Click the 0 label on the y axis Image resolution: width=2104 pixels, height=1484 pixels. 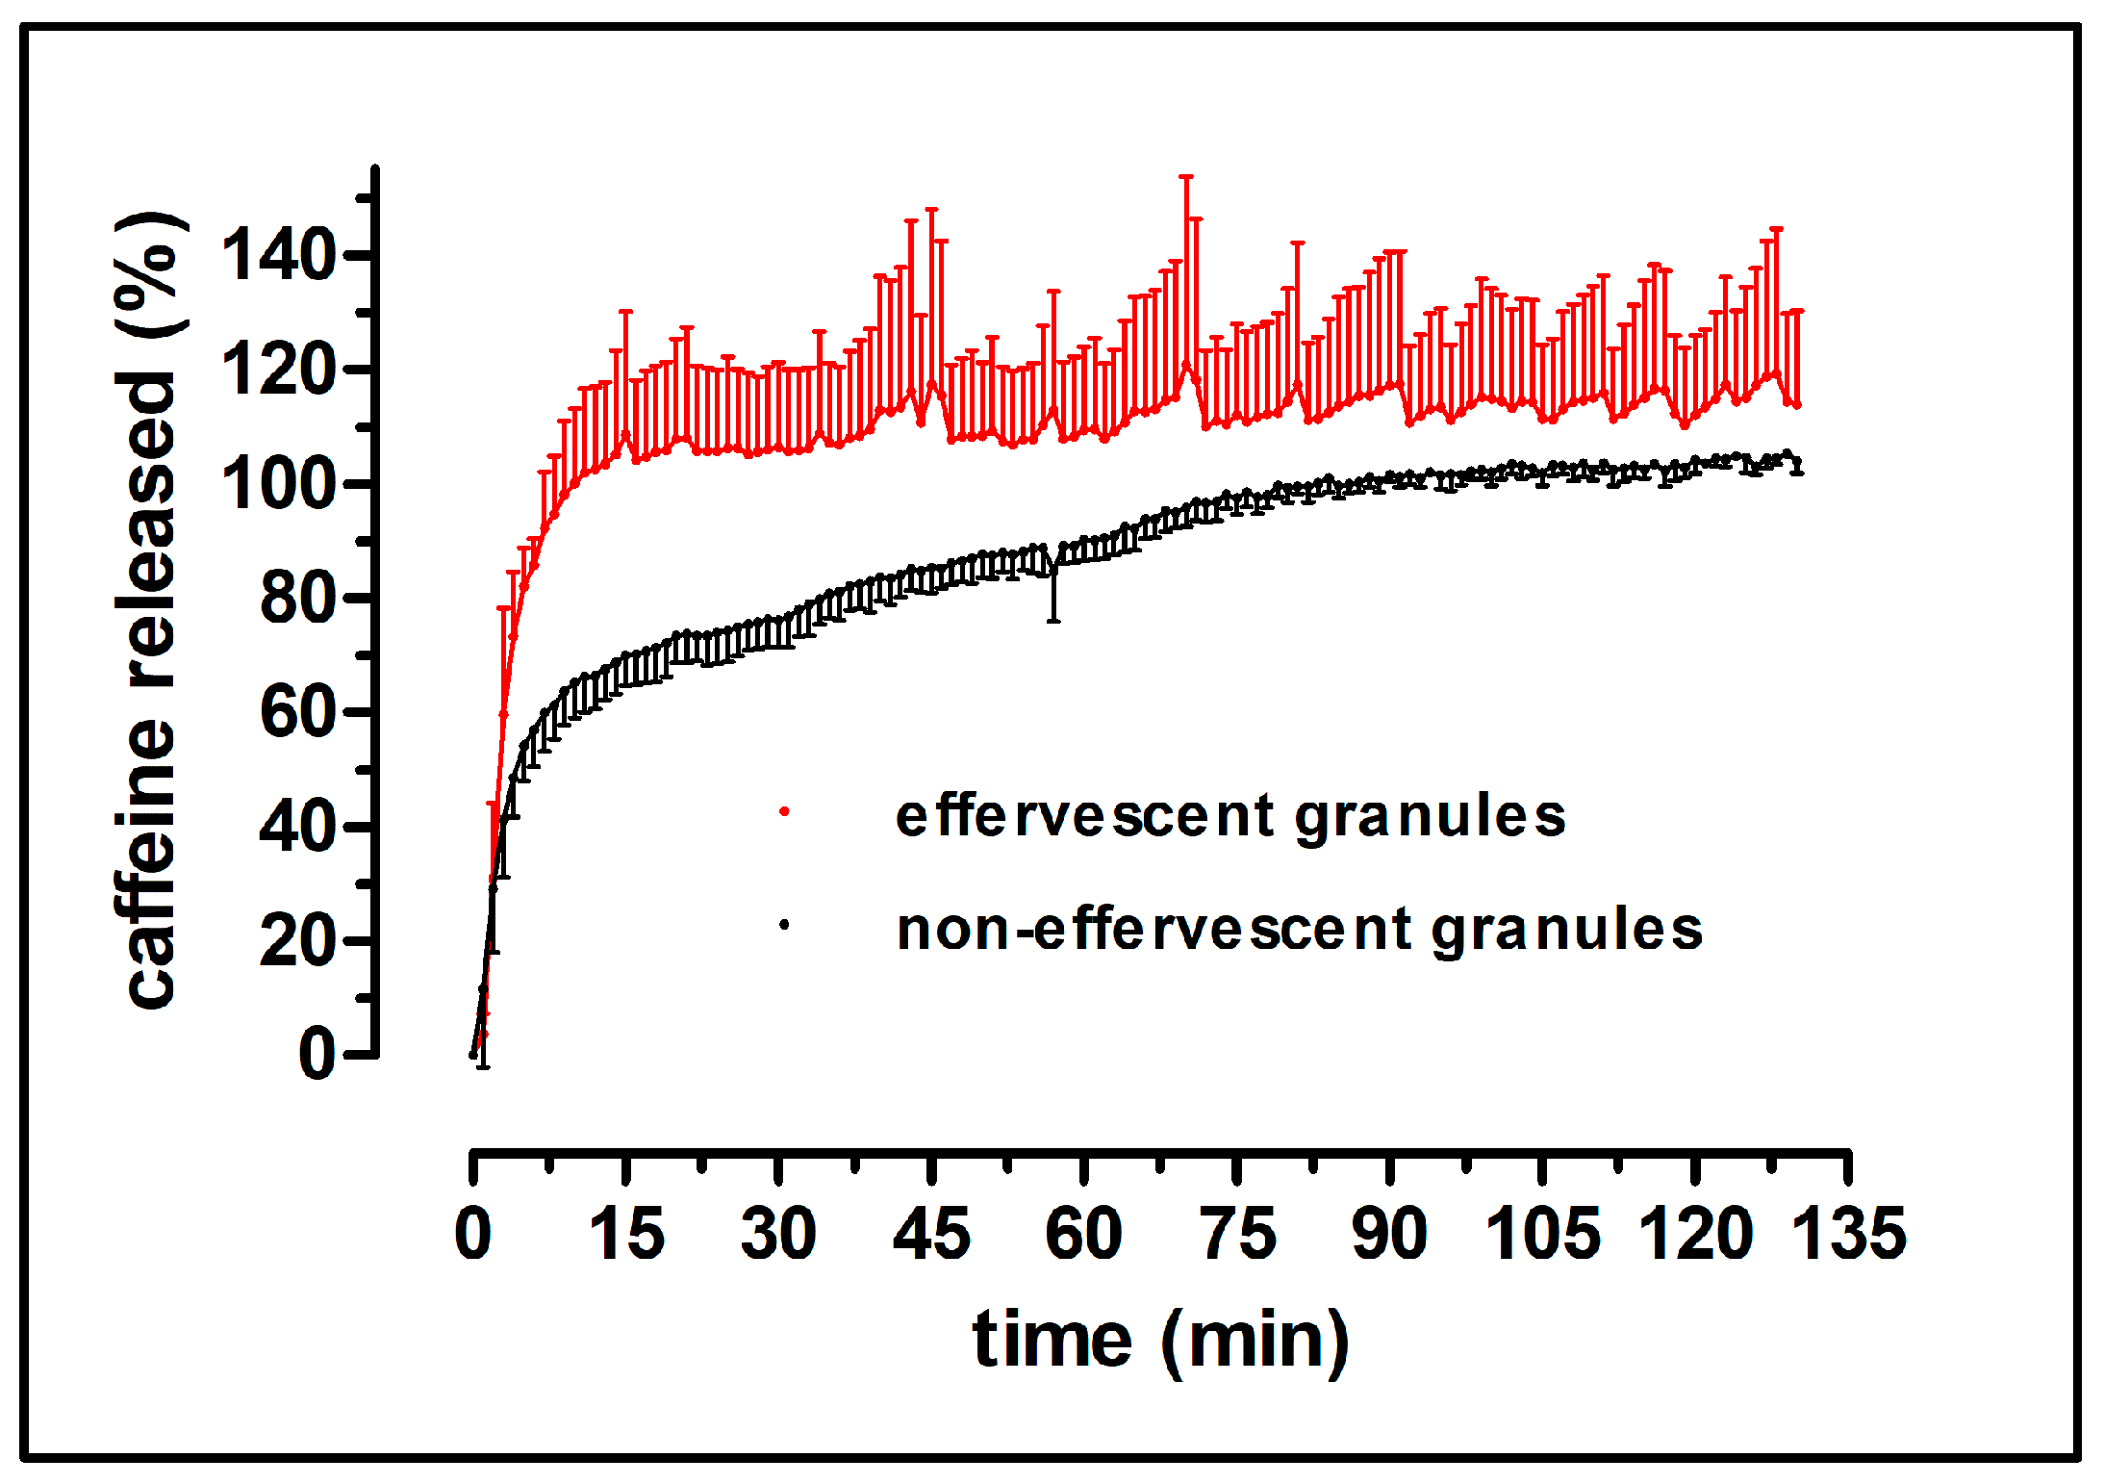tap(317, 1054)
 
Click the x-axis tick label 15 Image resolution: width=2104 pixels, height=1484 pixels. tap(625, 1234)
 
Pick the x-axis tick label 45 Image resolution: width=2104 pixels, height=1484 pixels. tap(931, 1234)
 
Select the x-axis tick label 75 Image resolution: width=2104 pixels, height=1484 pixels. tap(1237, 1234)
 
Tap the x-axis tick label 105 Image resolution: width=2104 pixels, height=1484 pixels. tap(1542, 1234)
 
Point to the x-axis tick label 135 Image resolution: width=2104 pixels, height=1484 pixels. tap(1848, 1234)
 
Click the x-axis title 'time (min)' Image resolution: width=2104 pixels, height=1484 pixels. tap(1161, 1340)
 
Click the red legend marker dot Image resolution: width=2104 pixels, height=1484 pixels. tap(784, 812)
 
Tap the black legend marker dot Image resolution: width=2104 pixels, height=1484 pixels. tap(784, 925)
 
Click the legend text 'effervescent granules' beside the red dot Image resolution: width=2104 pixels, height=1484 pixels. tap(1230, 817)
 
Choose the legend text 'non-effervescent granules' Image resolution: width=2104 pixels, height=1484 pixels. tap(1299, 930)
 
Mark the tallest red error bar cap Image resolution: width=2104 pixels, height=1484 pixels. tap(1186, 177)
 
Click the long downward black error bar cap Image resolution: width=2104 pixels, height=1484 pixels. tap(1053, 621)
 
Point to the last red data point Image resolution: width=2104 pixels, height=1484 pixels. tap(1797, 405)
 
